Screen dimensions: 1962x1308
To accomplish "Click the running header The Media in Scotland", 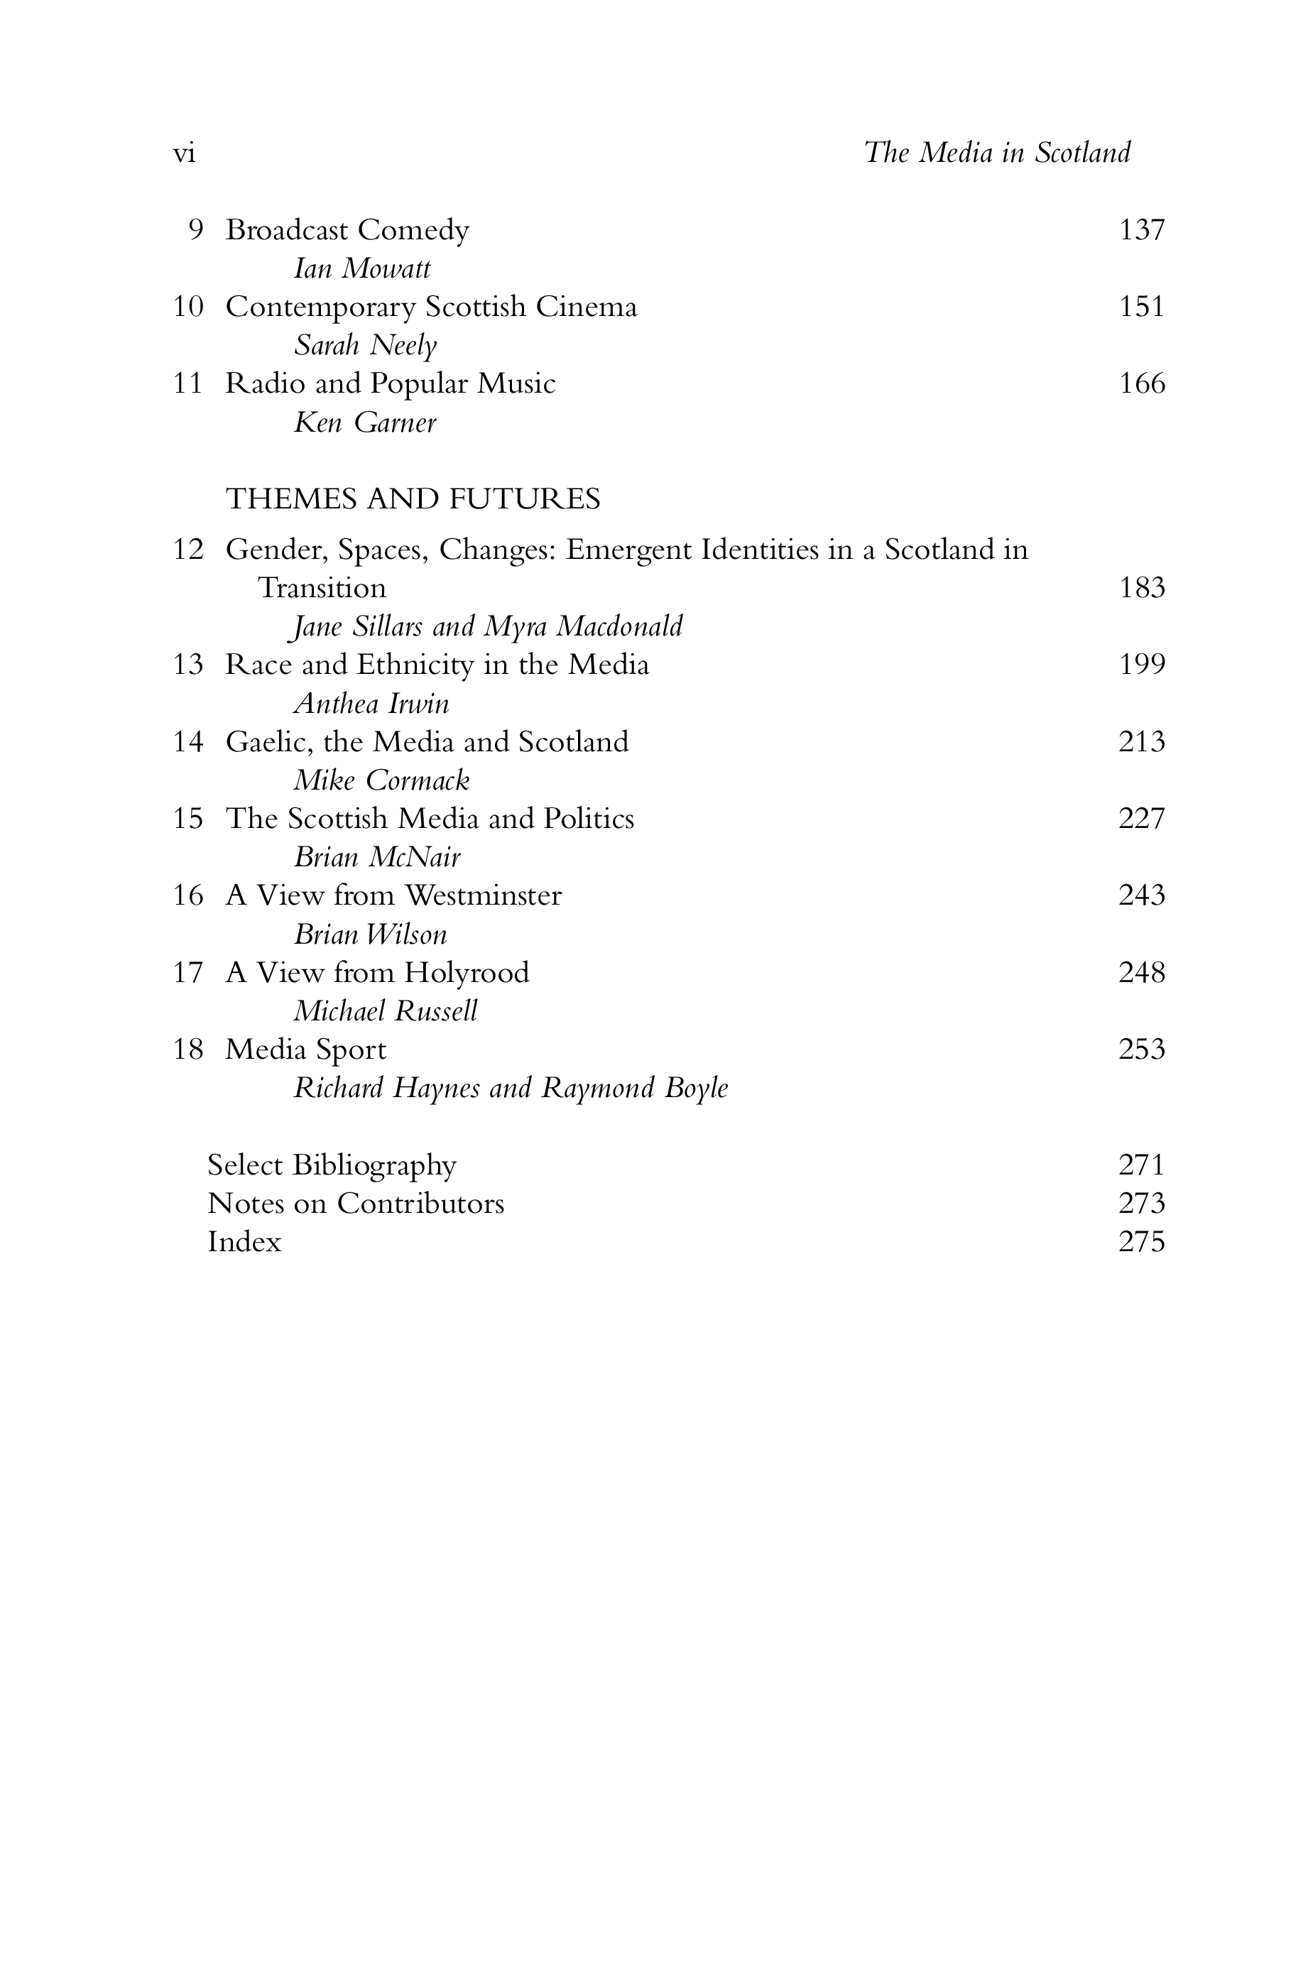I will [x=997, y=153].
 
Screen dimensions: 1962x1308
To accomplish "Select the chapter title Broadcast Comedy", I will [x=347, y=230].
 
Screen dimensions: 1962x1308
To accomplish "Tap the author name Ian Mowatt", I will [x=362, y=268].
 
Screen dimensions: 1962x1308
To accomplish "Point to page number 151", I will [x=1141, y=307].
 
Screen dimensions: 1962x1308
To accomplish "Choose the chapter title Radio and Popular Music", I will [x=391, y=383].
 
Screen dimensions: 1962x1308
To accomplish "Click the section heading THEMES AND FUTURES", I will [x=413, y=498].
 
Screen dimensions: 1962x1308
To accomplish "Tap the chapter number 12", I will [x=187, y=550].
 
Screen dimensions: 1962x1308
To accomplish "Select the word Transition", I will [x=322, y=588].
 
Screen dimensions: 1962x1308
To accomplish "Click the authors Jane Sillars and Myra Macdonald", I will [x=486, y=626].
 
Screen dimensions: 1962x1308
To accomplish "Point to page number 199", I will [x=1141, y=665].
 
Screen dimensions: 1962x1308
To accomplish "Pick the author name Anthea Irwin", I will [x=371, y=704].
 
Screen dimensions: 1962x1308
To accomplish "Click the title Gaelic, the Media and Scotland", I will [x=427, y=741].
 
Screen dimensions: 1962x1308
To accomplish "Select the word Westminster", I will [x=483, y=896].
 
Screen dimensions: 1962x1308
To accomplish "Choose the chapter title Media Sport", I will [x=306, y=1050].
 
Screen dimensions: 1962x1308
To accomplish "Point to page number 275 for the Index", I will [x=1141, y=1242].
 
